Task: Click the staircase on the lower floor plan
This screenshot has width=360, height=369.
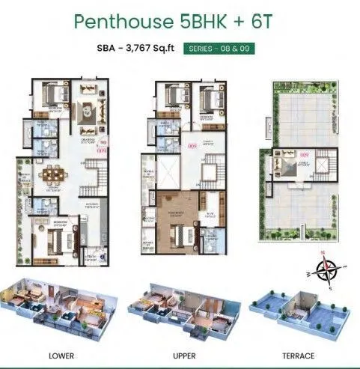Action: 96,177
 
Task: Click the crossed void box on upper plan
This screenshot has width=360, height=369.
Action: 170,171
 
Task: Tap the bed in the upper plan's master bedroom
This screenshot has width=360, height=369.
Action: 179,216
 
